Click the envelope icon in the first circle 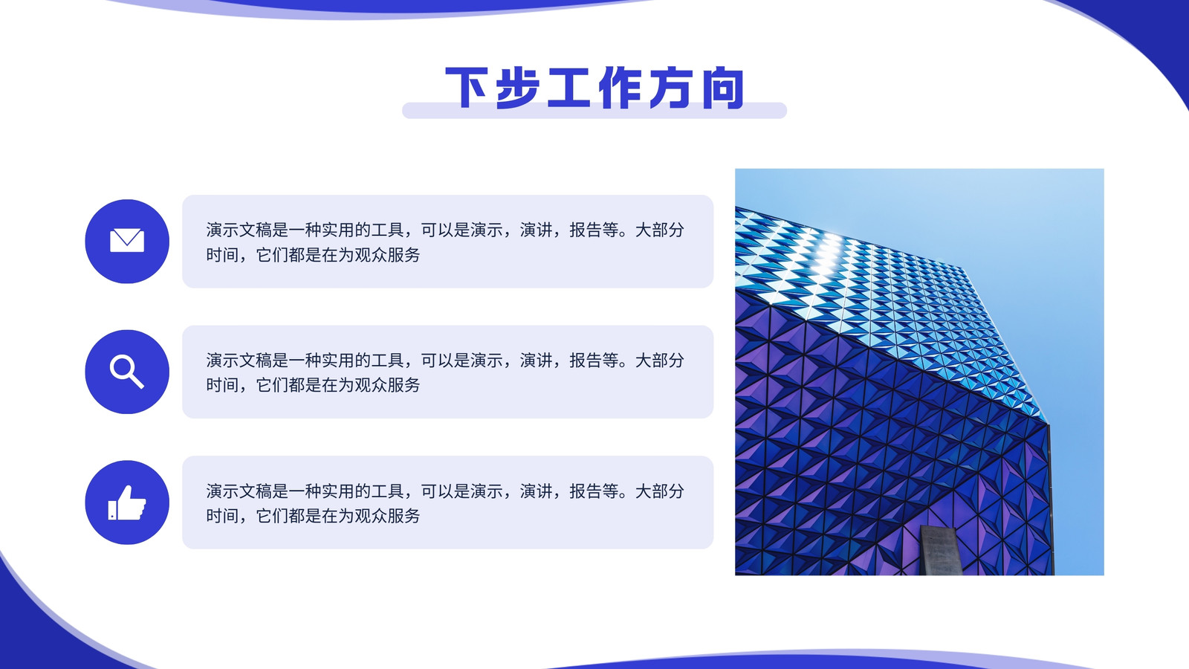pos(127,241)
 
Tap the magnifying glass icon pos(126,372)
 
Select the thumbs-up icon pos(127,502)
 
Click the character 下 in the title pos(466,88)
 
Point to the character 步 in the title pos(517,88)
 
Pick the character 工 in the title pos(569,88)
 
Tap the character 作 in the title pos(621,88)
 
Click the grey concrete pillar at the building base pos(940,551)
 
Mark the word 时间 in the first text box pos(222,255)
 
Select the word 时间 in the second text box pos(222,385)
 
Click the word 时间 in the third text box pos(222,516)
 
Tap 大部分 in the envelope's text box pos(659,230)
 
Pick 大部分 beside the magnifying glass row pos(659,361)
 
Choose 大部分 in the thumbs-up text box pos(659,491)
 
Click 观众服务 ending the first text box pos(387,255)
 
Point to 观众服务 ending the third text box pos(387,516)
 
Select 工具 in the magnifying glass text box pos(387,361)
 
